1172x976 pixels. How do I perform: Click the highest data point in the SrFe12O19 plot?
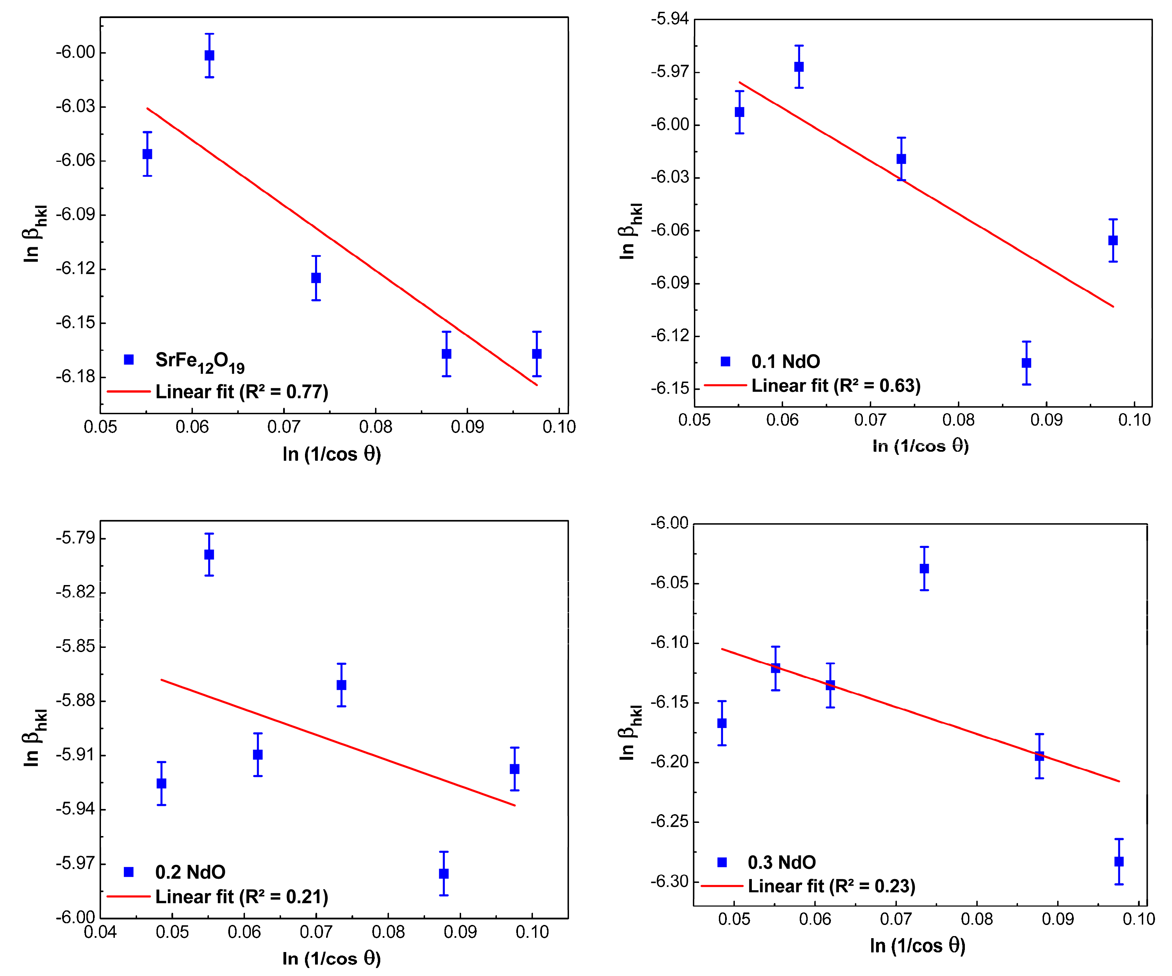[209, 55]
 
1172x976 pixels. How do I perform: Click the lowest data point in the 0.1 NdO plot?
[1026, 363]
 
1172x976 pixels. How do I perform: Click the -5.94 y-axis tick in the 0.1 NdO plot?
[669, 19]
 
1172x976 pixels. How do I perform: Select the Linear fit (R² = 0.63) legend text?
[835, 386]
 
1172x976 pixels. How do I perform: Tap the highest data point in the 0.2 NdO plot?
[209, 554]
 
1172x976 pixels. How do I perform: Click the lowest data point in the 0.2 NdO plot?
[444, 873]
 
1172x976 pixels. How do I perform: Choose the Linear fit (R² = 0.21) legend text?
[242, 897]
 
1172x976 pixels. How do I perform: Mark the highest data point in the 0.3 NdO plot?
[924, 568]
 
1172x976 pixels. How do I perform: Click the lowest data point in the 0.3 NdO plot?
[1119, 861]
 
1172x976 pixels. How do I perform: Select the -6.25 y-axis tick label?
[669, 822]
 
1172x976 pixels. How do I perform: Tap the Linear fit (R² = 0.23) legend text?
[832, 886]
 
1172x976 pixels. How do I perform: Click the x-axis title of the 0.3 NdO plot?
[917, 946]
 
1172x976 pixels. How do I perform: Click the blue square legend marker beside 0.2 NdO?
[128, 872]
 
